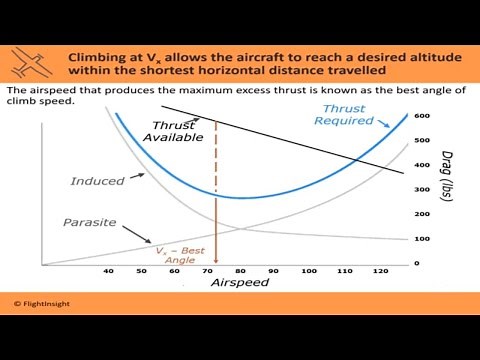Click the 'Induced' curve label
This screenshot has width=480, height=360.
pyautogui.click(x=97, y=181)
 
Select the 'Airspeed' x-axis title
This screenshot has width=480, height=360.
pyautogui.click(x=240, y=284)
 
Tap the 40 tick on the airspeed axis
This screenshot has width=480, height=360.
pyautogui.click(x=108, y=271)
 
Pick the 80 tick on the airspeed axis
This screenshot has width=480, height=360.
pyautogui.click(x=239, y=271)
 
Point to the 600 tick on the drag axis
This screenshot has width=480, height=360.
pyautogui.click(x=422, y=116)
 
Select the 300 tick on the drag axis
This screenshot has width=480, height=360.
pyautogui.click(x=422, y=190)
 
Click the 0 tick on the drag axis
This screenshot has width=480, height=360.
pyautogui.click(x=417, y=263)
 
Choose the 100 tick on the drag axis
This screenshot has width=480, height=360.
pyautogui.click(x=422, y=239)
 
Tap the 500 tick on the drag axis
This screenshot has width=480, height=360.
pyautogui.click(x=422, y=141)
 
